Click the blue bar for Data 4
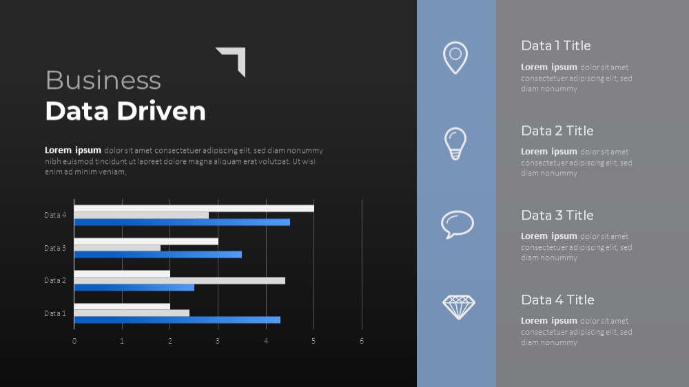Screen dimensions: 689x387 pos(182,222)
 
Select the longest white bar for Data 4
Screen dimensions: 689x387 pos(194,208)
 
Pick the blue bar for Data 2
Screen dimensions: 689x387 pos(134,288)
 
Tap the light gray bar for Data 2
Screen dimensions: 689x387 pos(179,281)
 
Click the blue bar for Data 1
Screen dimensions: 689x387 pos(177,320)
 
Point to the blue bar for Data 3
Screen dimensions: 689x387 pos(158,255)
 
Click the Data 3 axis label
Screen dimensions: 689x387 pos(55,248)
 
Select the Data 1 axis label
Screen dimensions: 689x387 pos(55,313)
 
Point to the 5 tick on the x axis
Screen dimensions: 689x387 pos(313,341)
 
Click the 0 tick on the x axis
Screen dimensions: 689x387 pos(74,341)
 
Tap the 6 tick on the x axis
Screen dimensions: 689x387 pos(362,341)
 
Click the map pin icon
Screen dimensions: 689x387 pos(455,58)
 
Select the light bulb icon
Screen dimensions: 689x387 pos(455,144)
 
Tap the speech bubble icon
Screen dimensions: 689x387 pos(457,224)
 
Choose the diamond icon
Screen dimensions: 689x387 pos(459,306)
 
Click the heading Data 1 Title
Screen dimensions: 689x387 pos(556,45)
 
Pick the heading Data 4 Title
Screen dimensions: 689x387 pos(557,300)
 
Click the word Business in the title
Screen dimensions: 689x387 pos(103,81)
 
